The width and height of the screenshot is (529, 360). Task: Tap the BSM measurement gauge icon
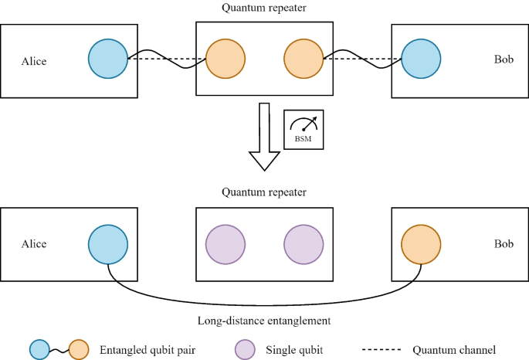304,129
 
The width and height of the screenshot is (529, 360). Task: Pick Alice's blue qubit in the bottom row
107,244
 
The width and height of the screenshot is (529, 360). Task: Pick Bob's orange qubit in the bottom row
422,244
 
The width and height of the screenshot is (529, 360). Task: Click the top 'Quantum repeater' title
264,9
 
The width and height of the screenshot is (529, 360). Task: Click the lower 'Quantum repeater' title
264,192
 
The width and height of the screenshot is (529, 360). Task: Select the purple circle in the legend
246,349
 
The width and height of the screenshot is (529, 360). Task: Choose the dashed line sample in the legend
380,349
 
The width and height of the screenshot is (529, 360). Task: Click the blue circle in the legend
40,349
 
